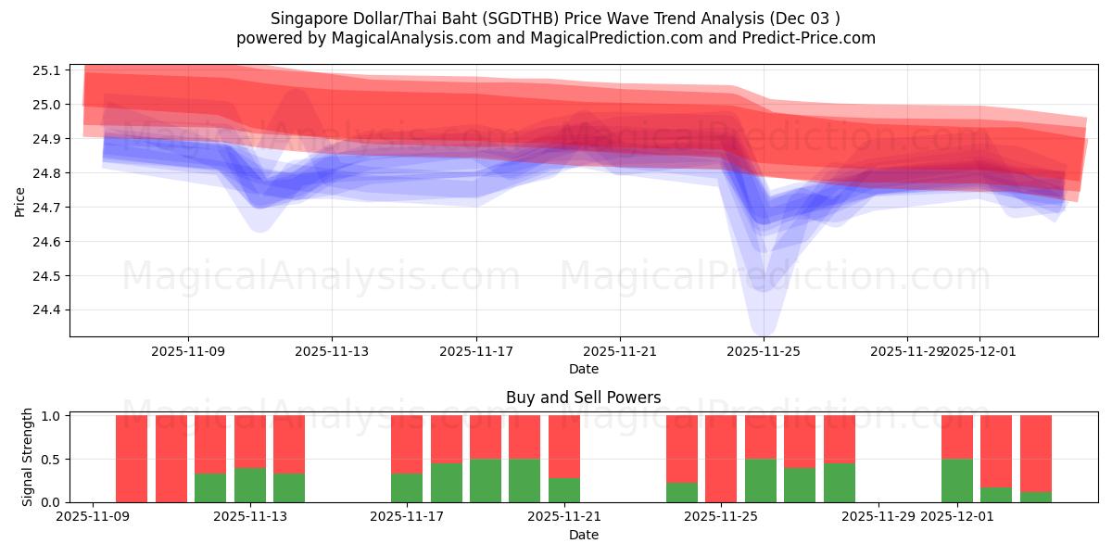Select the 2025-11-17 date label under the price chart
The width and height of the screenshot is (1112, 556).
pos(475,351)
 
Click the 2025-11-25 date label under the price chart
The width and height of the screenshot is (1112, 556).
pos(764,351)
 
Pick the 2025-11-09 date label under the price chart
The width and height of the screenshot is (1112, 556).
pos(188,351)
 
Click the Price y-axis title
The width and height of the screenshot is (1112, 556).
pos(20,200)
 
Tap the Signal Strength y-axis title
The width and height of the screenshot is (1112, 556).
pos(28,457)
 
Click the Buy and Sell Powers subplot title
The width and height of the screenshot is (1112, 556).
pos(583,398)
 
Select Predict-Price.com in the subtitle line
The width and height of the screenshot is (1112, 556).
pos(812,38)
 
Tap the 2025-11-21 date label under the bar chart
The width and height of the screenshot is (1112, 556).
pos(563,517)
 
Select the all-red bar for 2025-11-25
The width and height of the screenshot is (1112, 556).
pos(721,459)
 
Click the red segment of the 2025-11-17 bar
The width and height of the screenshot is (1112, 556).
pos(407,444)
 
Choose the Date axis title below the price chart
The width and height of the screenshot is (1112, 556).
pos(583,369)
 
